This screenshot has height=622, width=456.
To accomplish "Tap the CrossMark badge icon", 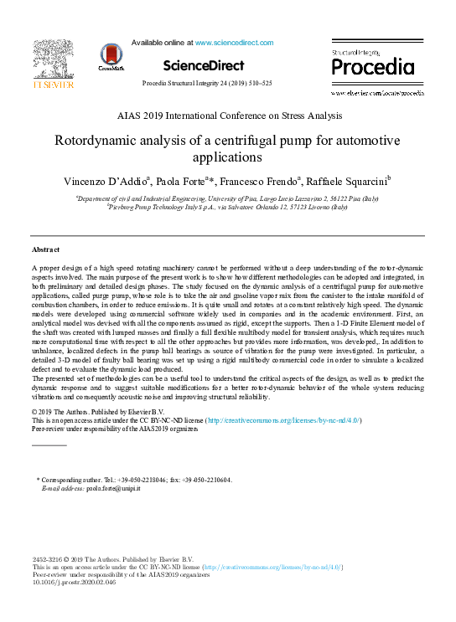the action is coord(111,56).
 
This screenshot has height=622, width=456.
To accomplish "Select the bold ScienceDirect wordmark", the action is coord(204,65).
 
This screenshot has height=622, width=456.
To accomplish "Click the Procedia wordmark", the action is coord(368,66).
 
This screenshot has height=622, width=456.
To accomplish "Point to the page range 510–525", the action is coord(256,84).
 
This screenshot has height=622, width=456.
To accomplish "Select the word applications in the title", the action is coord(228,157).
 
